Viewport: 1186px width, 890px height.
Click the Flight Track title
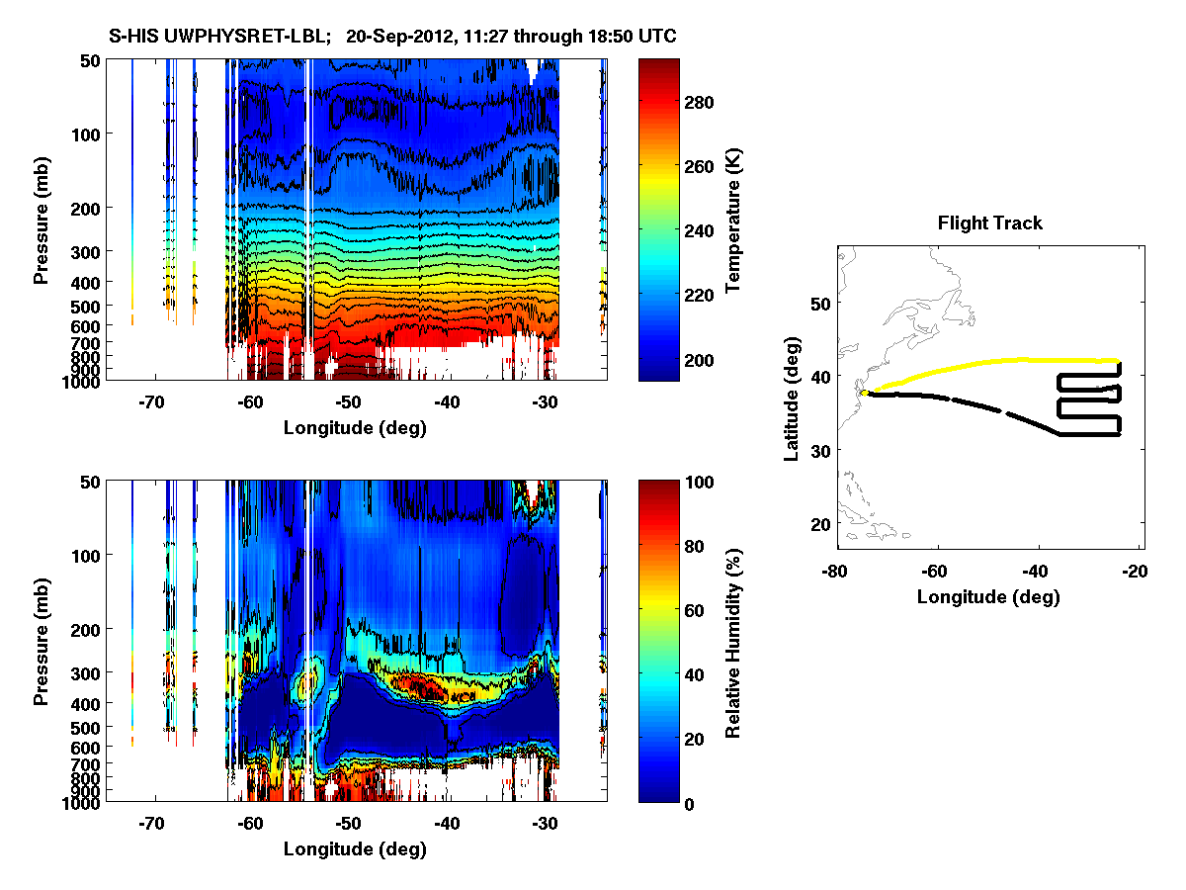(x=989, y=223)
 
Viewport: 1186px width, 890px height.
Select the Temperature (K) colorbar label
(x=733, y=220)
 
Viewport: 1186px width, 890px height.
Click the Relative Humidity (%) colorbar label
(x=733, y=642)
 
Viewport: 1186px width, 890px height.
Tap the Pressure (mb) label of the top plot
(x=42, y=220)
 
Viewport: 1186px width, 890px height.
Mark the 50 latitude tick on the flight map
(x=817, y=301)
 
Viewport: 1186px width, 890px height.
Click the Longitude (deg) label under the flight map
(x=988, y=596)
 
